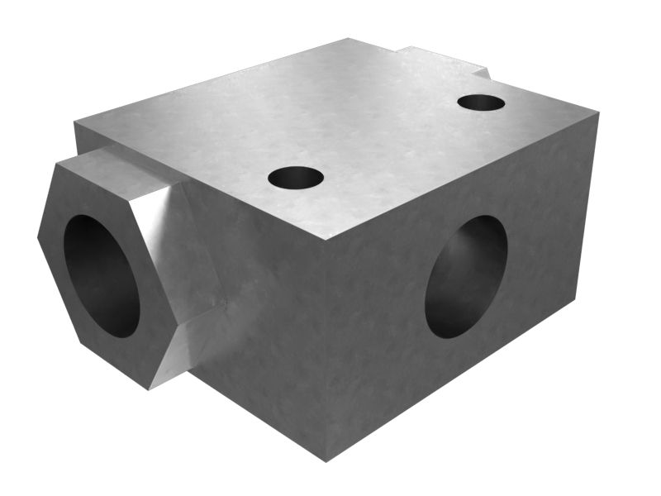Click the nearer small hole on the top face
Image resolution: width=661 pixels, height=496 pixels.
pos(296,177)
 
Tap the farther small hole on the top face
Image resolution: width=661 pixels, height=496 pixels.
pos(481,103)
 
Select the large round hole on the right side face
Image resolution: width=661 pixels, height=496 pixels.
pos(466,277)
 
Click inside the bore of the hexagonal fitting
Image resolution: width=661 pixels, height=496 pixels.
pos(101,274)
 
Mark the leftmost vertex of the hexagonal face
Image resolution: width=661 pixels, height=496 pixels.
pos(38,236)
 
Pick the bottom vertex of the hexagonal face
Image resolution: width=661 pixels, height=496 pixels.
pos(149,389)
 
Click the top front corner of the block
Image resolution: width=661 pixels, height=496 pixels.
pos(325,241)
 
